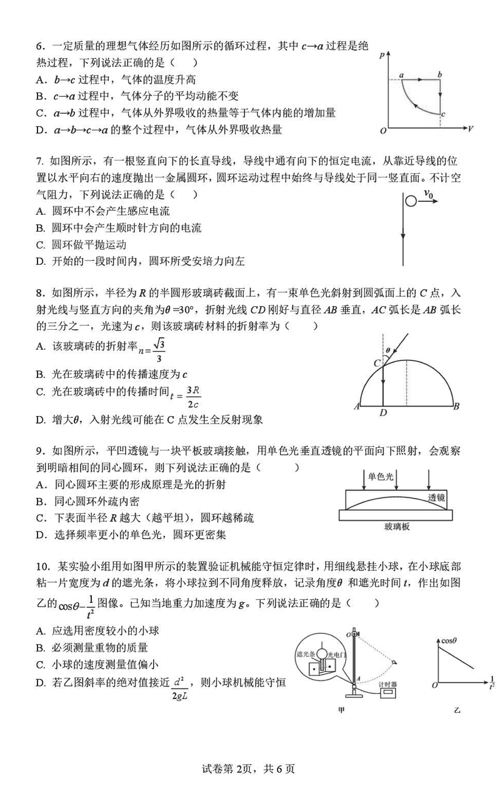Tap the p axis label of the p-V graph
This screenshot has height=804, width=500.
(381, 56)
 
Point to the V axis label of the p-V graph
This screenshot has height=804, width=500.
(469, 129)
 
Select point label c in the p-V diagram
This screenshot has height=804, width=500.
(442, 114)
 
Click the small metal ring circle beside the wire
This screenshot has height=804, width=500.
(410, 201)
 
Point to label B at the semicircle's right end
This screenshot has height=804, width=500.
(457, 407)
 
